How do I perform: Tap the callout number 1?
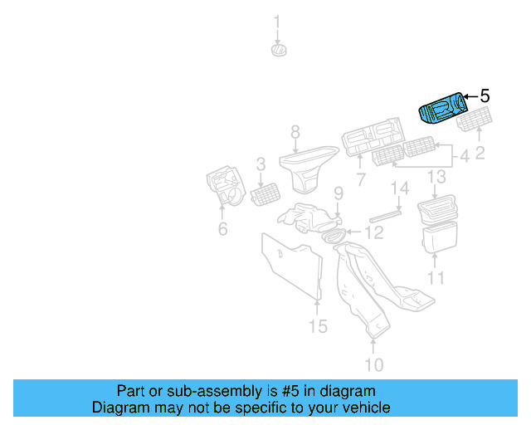(278, 22)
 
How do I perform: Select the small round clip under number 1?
(278, 51)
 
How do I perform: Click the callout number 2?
(480, 153)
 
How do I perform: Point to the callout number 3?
(261, 164)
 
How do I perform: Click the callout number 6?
(222, 228)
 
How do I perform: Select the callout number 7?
(361, 179)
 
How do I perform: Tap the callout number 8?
(295, 131)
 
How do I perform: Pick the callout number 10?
(373, 364)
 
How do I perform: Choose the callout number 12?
(375, 233)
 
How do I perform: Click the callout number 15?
(319, 326)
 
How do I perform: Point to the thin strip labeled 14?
(385, 213)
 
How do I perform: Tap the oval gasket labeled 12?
(333, 236)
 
